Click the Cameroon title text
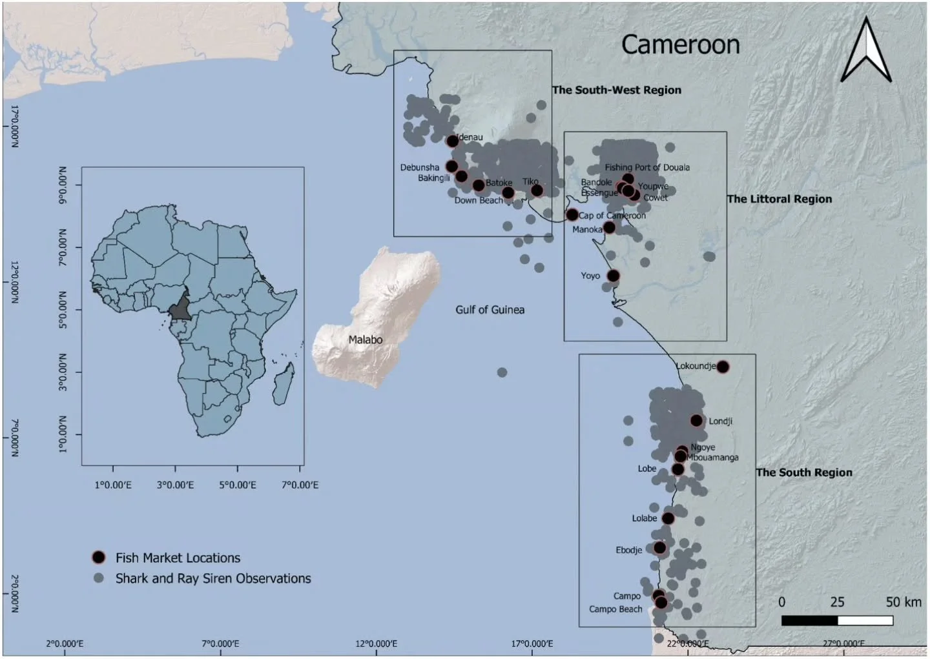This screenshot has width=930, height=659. coord(680,45)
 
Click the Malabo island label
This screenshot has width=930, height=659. coord(365,340)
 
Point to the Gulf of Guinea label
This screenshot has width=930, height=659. coord(490,310)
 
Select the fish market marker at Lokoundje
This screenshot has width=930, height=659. coord(723,367)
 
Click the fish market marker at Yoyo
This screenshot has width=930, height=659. coord(614,276)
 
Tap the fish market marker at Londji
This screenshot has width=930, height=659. coord(696,421)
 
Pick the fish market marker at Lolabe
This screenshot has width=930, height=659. coord(668,518)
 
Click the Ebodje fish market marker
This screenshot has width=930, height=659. coord(659,548)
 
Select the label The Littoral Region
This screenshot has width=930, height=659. coord(780,199)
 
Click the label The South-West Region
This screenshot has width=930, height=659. coord(616,90)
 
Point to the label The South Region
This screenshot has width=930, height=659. coord(804,472)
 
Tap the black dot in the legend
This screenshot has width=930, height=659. coord(98,557)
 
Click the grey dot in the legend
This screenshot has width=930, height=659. coord(98,578)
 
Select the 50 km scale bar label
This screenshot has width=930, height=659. coord(903,602)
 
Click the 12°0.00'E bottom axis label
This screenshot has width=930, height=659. coord(376,643)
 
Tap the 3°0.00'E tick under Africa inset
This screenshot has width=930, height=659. coord(175,484)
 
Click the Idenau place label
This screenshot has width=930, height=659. coord(470,137)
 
